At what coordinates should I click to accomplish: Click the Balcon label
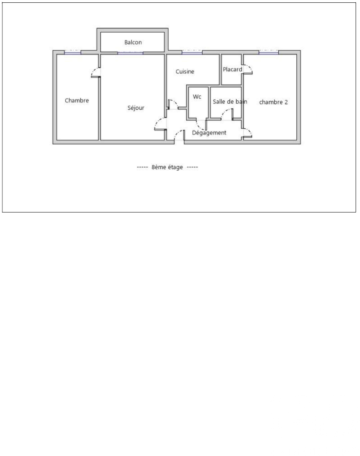(133, 42)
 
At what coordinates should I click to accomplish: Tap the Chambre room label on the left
(77, 100)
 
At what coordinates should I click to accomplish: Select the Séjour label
(136, 108)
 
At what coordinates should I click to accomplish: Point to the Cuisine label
(185, 71)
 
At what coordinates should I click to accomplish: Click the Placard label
(233, 69)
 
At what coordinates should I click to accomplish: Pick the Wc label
(197, 96)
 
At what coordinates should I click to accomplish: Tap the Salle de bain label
(230, 102)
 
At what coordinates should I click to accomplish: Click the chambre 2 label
(274, 102)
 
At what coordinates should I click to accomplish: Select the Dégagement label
(209, 133)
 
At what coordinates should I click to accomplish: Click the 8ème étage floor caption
(167, 167)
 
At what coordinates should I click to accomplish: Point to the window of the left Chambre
(72, 52)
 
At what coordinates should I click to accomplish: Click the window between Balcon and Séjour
(131, 53)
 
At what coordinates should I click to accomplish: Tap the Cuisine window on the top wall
(192, 52)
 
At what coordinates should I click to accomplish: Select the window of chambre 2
(269, 52)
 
